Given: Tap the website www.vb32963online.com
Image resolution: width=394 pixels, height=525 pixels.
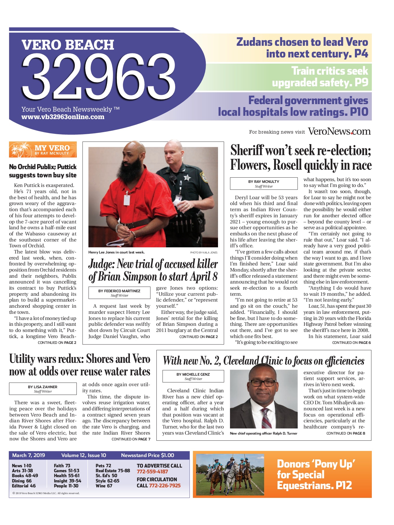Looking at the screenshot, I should point(63,117).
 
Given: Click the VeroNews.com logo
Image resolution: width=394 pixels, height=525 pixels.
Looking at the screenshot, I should point(339,131).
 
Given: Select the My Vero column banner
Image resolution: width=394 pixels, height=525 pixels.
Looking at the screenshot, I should point(43,150).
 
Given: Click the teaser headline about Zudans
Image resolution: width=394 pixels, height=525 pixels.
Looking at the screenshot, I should point(302,48).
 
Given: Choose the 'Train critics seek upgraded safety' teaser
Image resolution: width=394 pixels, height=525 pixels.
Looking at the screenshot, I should point(320,77).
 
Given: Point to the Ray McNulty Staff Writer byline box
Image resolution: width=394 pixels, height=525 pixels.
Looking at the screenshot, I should point(264,183).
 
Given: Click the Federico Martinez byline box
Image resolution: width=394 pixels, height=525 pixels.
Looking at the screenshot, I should point(119,293).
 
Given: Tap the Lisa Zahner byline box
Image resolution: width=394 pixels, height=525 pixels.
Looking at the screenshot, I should point(43,389).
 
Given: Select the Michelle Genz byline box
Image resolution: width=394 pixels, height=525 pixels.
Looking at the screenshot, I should point(193,376).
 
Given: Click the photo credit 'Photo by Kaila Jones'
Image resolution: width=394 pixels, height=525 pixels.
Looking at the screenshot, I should point(203,252).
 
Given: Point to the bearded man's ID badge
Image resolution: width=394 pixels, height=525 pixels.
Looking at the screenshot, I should point(127,200).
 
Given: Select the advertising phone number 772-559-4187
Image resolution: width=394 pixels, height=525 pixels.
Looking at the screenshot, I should point(152,471).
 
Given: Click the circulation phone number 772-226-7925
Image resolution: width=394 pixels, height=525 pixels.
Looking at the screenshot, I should point(165,485).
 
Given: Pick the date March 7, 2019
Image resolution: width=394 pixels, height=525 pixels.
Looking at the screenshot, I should point(29,455).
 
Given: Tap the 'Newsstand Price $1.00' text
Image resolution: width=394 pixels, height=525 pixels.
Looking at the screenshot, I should point(147,455).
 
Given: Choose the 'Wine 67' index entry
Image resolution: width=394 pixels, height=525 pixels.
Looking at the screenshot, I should point(104,486).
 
